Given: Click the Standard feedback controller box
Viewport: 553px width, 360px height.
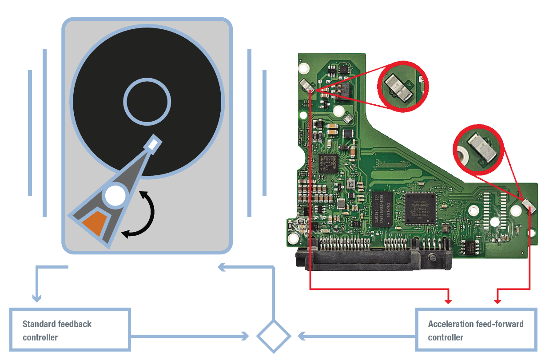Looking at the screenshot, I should pyautogui.click(x=70, y=330).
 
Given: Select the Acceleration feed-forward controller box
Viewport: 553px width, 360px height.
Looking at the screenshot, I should pyautogui.click(x=476, y=330).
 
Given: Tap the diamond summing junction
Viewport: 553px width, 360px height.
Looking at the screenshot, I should pyautogui.click(x=274, y=336).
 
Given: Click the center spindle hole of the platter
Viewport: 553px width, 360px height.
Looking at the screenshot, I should pyautogui.click(x=147, y=102).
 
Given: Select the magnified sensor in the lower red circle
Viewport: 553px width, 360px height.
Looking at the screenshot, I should pyautogui.click(x=482, y=147).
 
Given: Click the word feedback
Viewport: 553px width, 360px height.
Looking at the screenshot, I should pyautogui.click(x=76, y=324).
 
